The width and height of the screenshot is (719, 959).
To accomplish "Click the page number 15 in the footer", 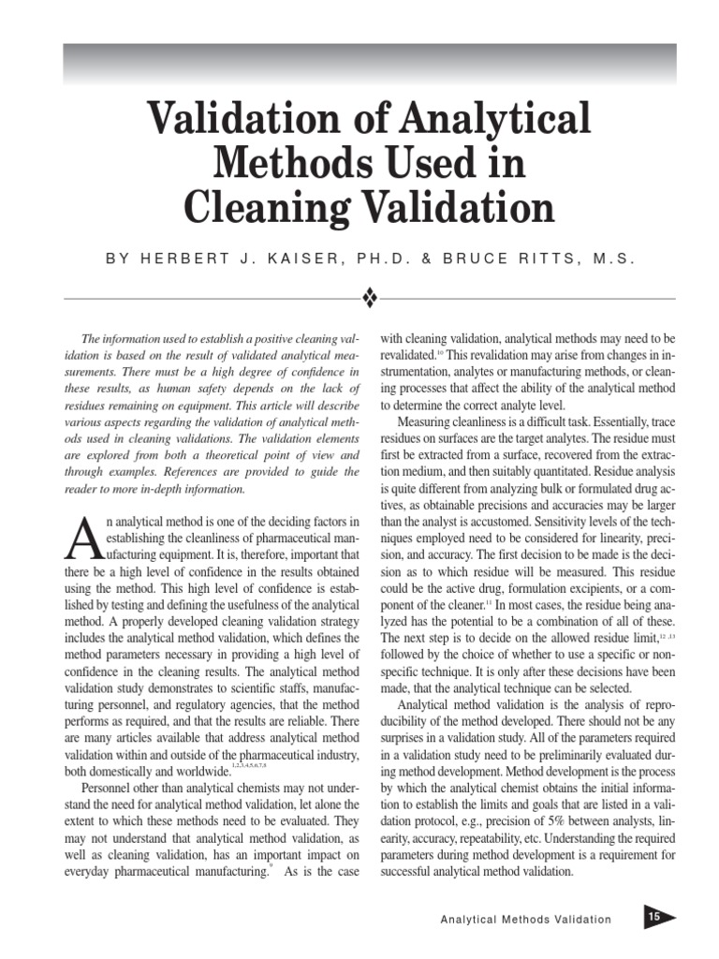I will [653, 918].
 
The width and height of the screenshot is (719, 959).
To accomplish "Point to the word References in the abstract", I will [213, 472].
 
